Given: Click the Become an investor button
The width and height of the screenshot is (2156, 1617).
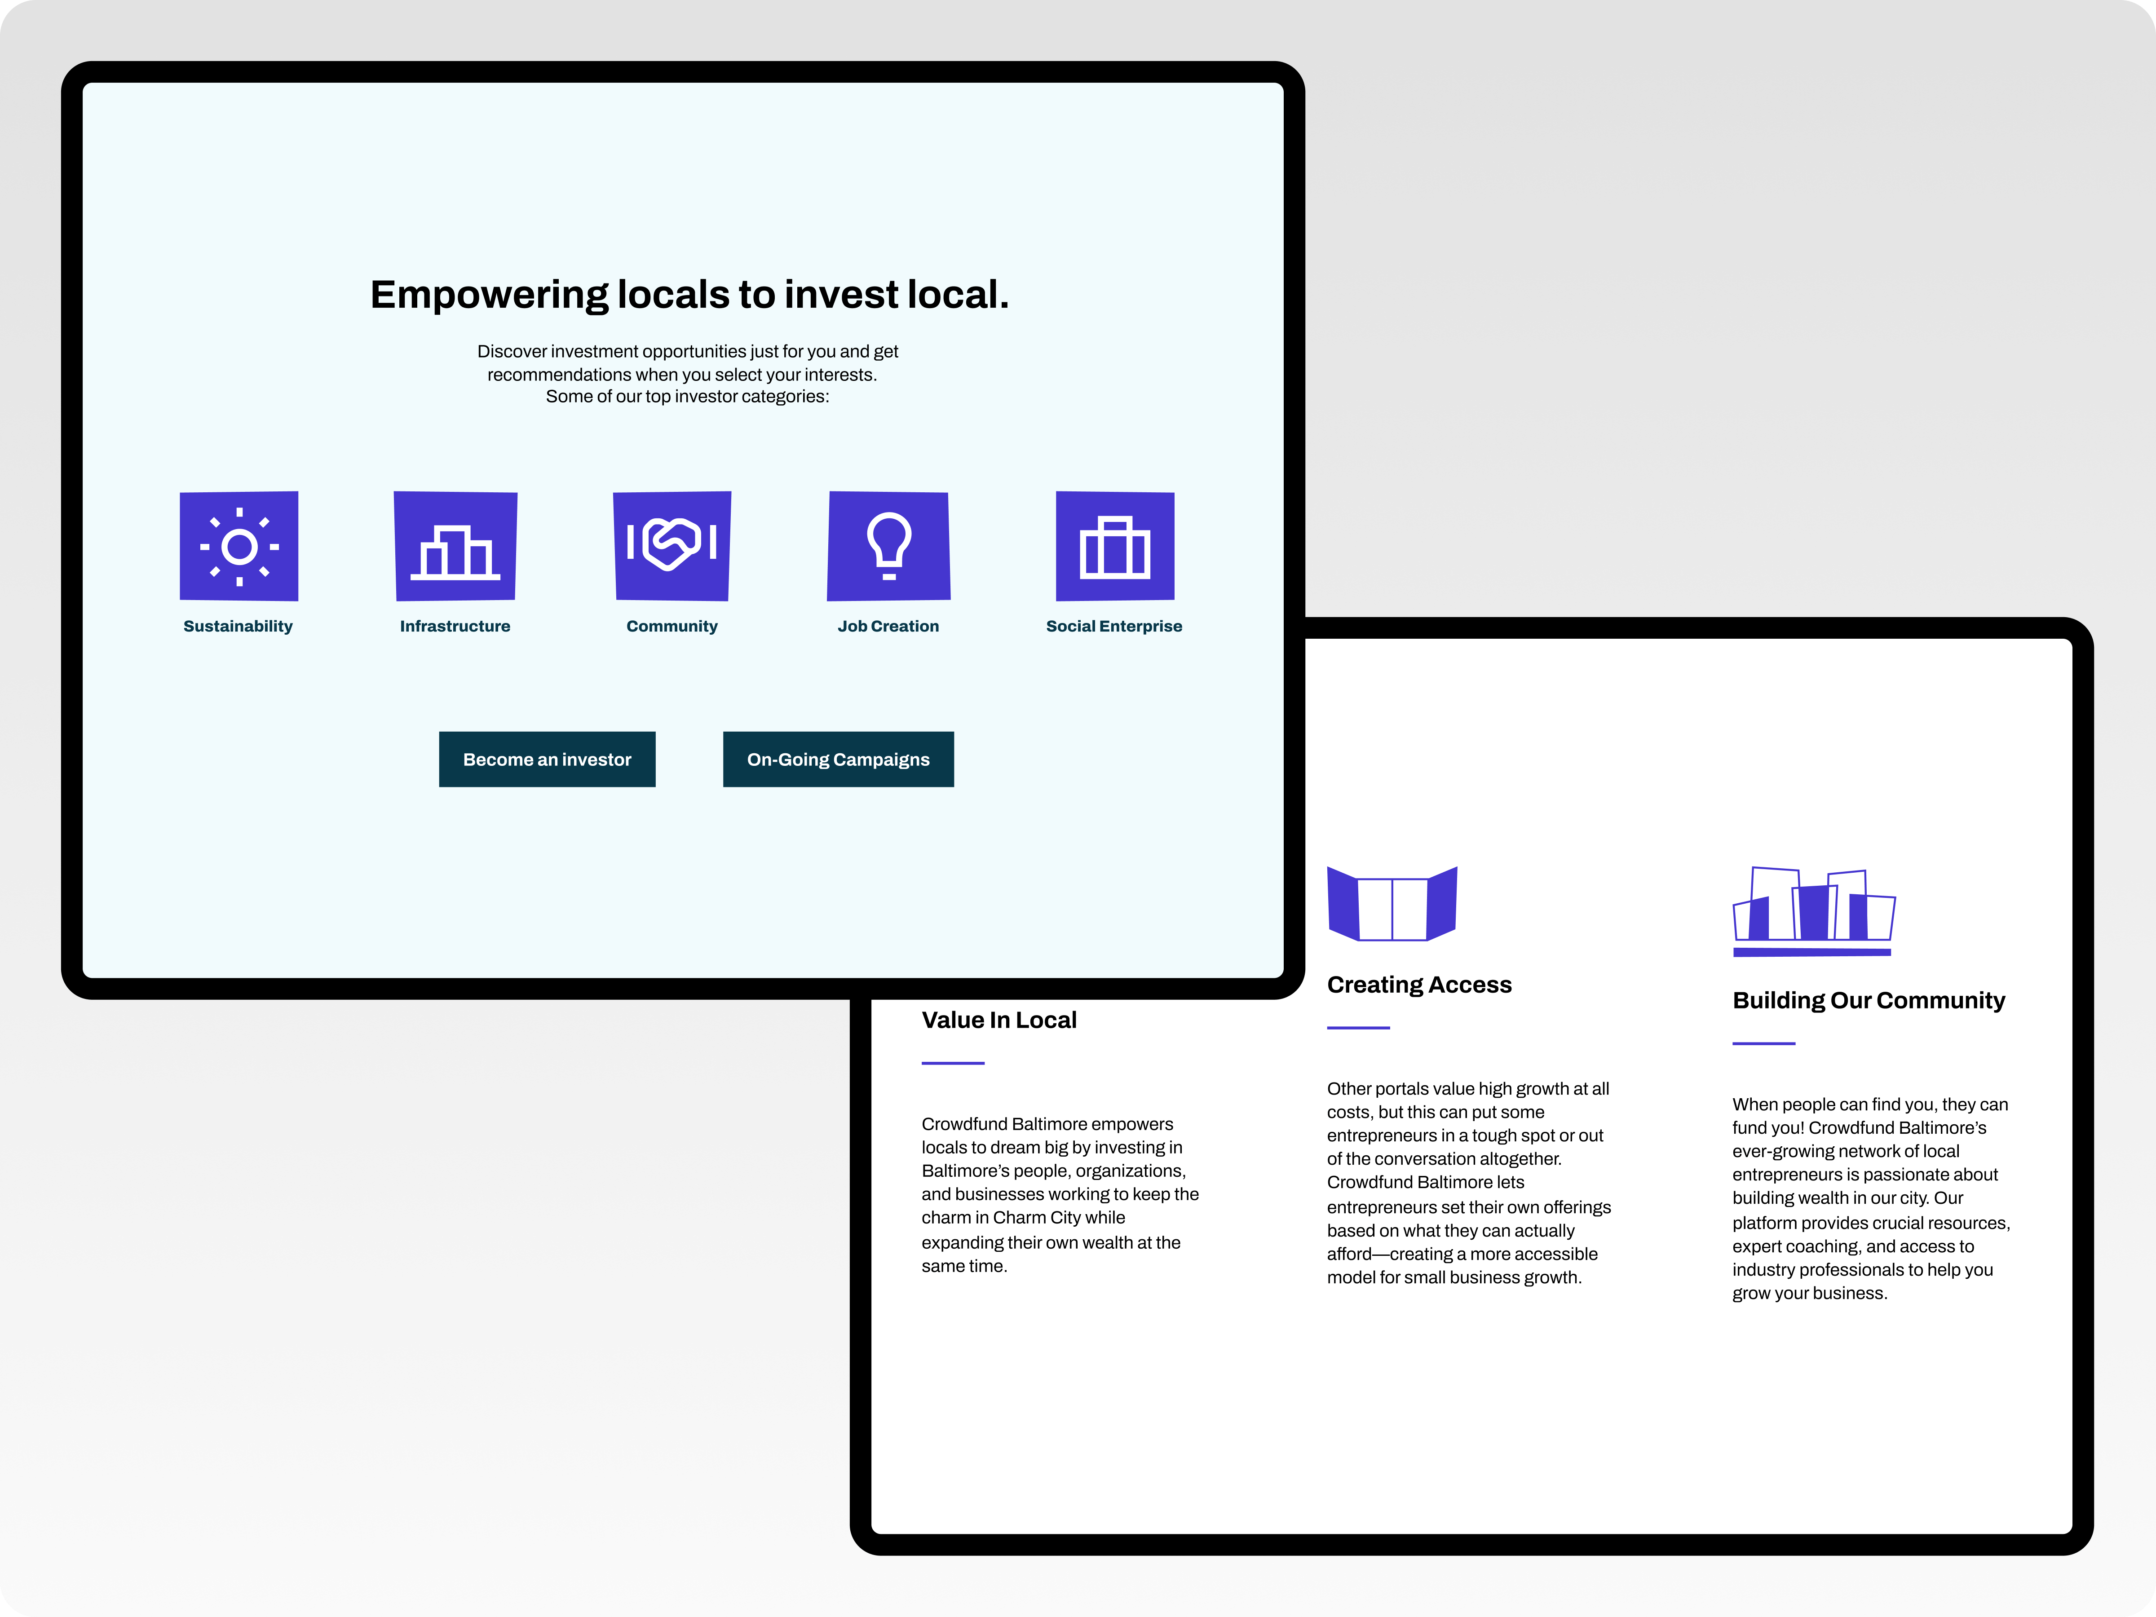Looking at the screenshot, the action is pos(547,759).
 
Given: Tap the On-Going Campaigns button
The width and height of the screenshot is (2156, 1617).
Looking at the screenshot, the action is pos(838,759).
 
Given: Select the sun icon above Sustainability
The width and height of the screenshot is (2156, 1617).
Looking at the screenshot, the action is pos(239,546).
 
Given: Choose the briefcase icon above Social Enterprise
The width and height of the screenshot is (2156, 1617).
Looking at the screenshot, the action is pos(1115,546).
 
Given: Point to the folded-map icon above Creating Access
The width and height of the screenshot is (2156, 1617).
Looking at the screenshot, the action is pos(1392,904).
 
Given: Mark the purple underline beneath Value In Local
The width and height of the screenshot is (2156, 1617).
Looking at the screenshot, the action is pos(953,1062).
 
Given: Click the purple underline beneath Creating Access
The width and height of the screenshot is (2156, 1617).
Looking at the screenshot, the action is pos(1359,1027).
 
